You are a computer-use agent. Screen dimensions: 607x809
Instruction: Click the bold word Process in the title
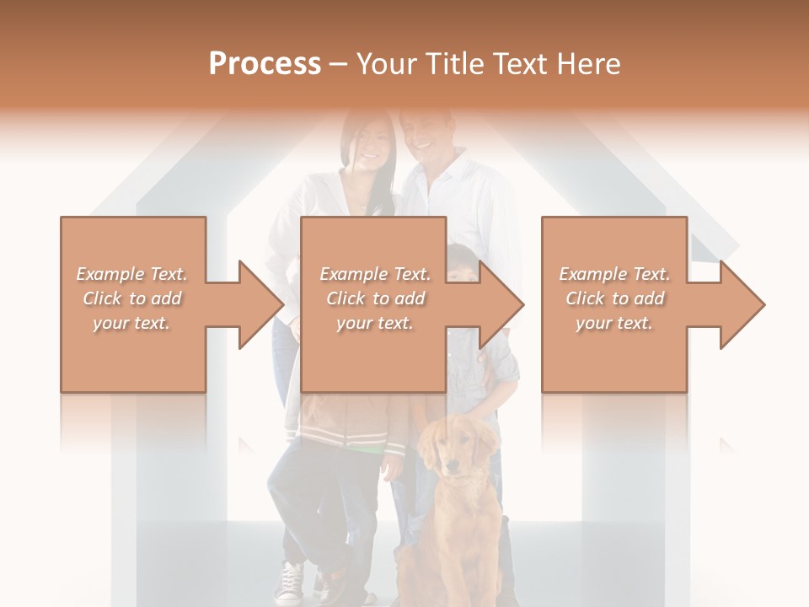tap(265, 64)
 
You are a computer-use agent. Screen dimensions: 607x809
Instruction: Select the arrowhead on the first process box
tap(261, 304)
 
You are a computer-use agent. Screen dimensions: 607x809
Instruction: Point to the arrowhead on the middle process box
tap(502, 304)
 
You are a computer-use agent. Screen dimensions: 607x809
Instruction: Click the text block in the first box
tap(132, 298)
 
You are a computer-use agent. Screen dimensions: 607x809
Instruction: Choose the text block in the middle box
tap(374, 298)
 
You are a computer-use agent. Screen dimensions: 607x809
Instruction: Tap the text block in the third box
tap(614, 298)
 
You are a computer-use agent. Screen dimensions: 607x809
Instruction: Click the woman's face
tap(370, 143)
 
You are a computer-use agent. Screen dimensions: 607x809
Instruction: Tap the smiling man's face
tap(424, 135)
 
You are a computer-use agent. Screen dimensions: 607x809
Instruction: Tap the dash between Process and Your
tap(339, 64)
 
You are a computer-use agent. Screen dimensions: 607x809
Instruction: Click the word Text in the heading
tap(522, 64)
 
